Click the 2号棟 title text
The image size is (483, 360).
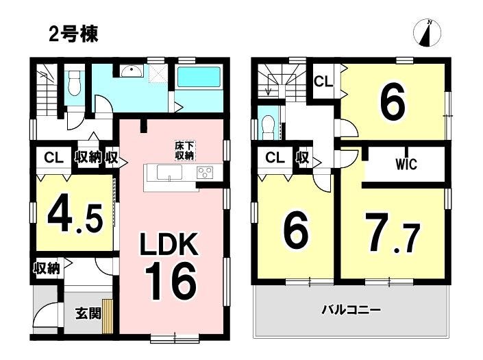click(x=73, y=34)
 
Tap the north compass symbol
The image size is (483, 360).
click(x=427, y=33)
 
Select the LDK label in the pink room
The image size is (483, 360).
click(x=169, y=244)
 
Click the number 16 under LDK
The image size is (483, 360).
click(x=171, y=281)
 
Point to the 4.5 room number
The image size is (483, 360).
click(x=75, y=217)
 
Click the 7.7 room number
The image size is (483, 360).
click(x=392, y=234)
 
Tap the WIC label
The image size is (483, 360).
click(x=406, y=165)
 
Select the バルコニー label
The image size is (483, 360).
click(x=351, y=309)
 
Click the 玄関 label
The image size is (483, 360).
click(x=88, y=314)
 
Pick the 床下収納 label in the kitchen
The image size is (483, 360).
click(x=184, y=151)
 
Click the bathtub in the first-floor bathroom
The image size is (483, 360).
click(x=199, y=77)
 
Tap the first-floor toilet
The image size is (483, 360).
click(x=73, y=83)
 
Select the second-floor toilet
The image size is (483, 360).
click(x=268, y=126)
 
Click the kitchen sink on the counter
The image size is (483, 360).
click(x=169, y=172)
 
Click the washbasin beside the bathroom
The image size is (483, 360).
click(x=132, y=71)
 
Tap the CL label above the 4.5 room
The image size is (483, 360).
click(x=53, y=158)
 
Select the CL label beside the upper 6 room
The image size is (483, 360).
click(x=323, y=82)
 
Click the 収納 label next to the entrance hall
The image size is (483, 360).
click(x=47, y=268)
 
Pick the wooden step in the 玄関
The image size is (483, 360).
click(x=107, y=316)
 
